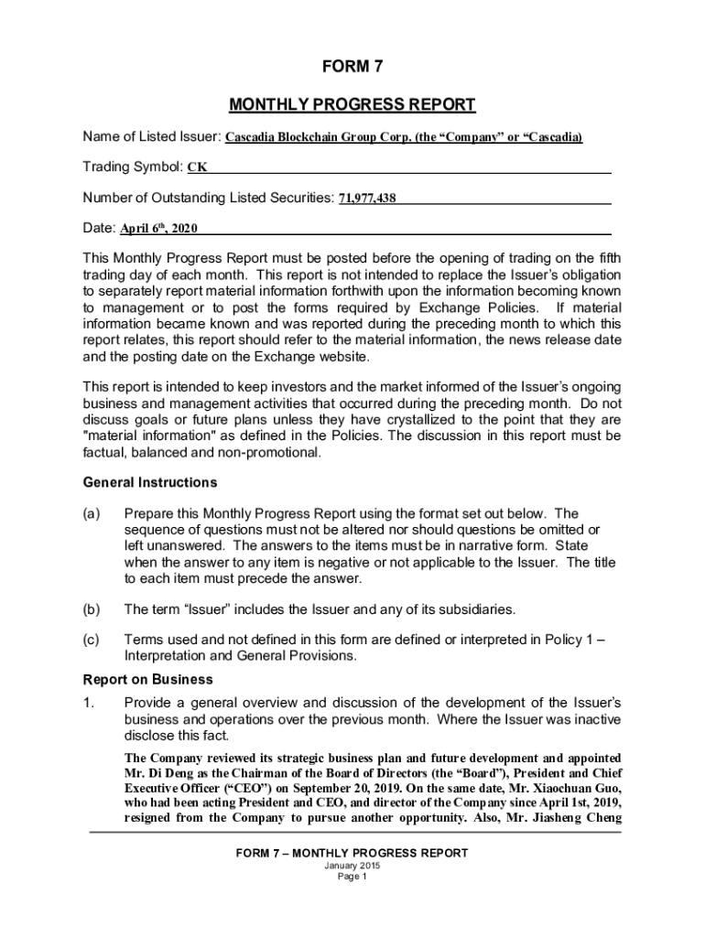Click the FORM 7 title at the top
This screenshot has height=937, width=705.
pyautogui.click(x=352, y=67)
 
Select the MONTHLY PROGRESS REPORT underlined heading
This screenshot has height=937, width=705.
pyautogui.click(x=352, y=104)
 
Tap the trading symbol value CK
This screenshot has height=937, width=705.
pyautogui.click(x=197, y=167)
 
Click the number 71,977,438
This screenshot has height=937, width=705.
pyautogui.click(x=367, y=198)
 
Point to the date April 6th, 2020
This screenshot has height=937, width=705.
pyautogui.click(x=159, y=228)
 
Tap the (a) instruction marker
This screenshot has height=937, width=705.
pyautogui.click(x=92, y=514)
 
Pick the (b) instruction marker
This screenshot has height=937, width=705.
pyautogui.click(x=92, y=609)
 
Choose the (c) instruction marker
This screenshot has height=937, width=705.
pyautogui.click(x=92, y=641)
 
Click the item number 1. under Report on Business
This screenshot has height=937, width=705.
pyautogui.click(x=89, y=703)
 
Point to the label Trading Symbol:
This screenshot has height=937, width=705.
pyautogui.click(x=133, y=167)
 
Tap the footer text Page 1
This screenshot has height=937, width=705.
pyautogui.click(x=352, y=876)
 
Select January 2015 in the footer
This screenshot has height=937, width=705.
pyautogui.click(x=352, y=865)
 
